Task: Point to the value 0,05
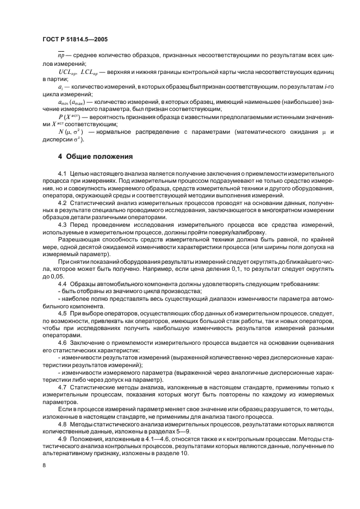click(x=55, y=277)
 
